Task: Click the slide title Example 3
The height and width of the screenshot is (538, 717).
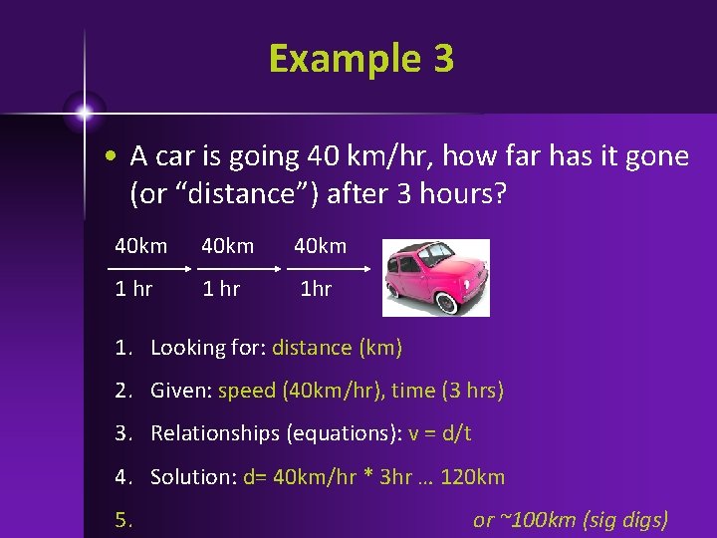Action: click(360, 59)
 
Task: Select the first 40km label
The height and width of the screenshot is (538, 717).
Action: click(140, 245)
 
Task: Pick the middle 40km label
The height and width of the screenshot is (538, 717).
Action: click(227, 245)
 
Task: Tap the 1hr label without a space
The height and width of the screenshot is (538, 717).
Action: click(317, 289)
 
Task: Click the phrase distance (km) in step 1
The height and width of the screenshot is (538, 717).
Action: click(337, 348)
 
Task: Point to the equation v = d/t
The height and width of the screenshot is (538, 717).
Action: click(440, 433)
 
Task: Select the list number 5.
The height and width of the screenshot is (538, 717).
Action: click(122, 519)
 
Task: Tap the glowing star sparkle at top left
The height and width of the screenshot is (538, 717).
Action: click(84, 113)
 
